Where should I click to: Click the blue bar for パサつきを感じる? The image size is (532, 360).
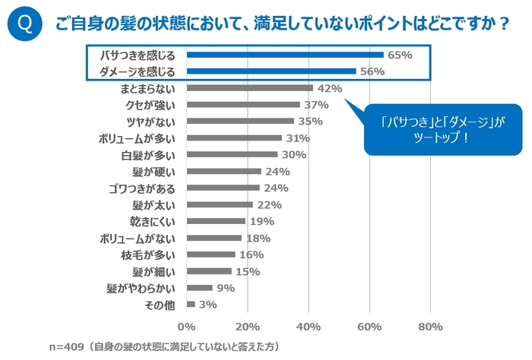coord(285,55)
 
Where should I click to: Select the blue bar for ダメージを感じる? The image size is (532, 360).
coord(271,71)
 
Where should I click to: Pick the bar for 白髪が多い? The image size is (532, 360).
coord(232,154)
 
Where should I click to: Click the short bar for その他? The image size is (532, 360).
coord(191,305)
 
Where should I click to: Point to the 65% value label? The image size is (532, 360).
coord(400,55)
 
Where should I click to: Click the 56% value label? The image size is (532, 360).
coord(372,71)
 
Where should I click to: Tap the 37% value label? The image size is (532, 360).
coord(315,105)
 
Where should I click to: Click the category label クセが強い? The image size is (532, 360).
coord(154,105)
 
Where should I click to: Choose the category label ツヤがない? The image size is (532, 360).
coord(154,122)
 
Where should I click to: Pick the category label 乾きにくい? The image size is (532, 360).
coord(154,221)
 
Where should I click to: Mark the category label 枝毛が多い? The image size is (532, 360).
coord(154,254)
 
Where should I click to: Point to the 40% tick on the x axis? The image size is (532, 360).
coord(309,327)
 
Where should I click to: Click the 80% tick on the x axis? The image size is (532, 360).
coord(430,327)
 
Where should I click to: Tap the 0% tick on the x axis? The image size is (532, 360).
coord(187,327)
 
